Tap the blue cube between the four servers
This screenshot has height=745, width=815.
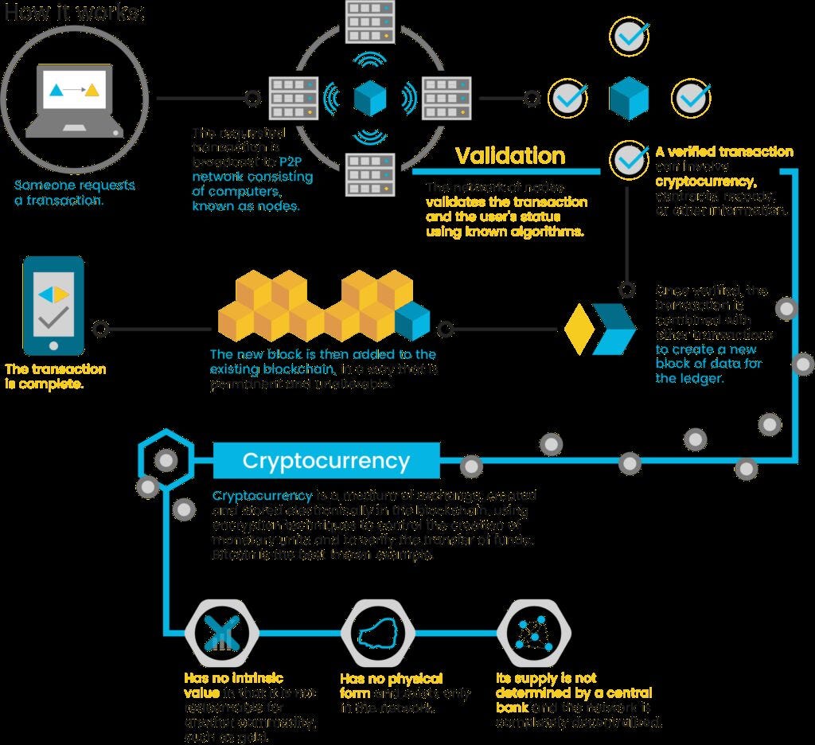click(370, 98)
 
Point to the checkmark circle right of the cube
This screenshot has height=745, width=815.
click(691, 98)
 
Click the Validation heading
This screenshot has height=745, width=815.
click(510, 156)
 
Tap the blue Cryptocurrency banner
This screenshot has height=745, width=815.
click(326, 461)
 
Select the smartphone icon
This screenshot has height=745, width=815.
click(53, 305)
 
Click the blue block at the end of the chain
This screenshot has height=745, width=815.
click(412, 319)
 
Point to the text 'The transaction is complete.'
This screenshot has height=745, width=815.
click(55, 376)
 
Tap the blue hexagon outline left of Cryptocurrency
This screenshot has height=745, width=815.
click(165, 459)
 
